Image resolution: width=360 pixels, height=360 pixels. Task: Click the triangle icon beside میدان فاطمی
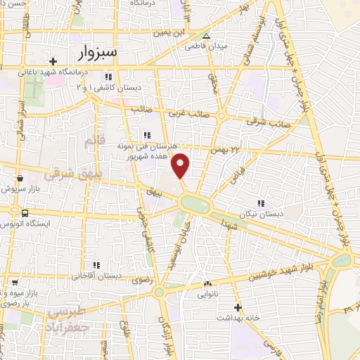pyautogui.click(x=206, y=36)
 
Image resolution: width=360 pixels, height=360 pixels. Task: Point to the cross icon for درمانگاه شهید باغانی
pyautogui.click(x=53, y=62)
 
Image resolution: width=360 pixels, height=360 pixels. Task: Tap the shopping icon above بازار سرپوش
pyautogui.click(x=24, y=179)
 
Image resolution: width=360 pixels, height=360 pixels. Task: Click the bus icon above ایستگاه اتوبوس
pyautogui.click(x=25, y=213)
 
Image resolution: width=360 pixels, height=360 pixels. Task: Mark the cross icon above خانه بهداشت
pyautogui.click(x=238, y=307)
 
